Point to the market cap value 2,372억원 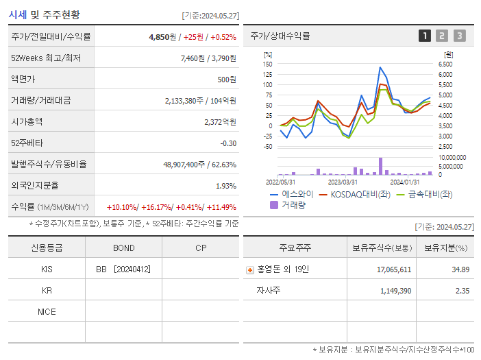click(x=220, y=122)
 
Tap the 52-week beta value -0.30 click(x=227, y=143)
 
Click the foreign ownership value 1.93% click(x=226, y=186)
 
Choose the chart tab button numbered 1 click(x=425, y=36)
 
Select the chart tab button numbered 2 click(x=442, y=36)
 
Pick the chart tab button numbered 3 click(x=459, y=36)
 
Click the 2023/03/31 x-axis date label click(x=343, y=182)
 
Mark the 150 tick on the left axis click(x=267, y=64)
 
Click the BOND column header click(x=123, y=248)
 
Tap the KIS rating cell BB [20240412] click(x=123, y=269)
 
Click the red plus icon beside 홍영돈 click(x=250, y=270)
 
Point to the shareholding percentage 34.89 click(x=461, y=269)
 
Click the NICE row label click(x=47, y=312)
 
